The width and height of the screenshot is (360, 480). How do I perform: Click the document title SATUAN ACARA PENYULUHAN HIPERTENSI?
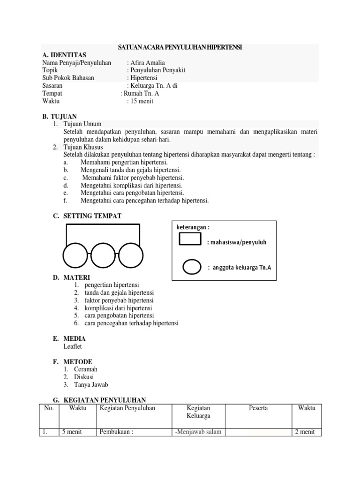[x=179, y=47]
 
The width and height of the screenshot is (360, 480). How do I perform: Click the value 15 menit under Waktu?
[x=141, y=101]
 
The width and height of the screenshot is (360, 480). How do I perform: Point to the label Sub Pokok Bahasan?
[x=68, y=78]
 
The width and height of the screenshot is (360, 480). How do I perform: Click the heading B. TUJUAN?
[x=60, y=116]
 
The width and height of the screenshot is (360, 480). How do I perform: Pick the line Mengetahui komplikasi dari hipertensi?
[x=131, y=185]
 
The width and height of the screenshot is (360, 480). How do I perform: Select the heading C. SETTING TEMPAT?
[x=87, y=216]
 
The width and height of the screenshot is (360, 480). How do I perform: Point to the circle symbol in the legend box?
[x=191, y=267]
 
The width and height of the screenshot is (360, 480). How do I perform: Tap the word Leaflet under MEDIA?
[x=73, y=346]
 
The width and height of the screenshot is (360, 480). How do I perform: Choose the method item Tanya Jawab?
[x=91, y=385]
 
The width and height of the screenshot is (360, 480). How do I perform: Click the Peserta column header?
[x=258, y=408]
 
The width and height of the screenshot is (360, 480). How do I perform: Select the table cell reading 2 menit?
[x=305, y=432]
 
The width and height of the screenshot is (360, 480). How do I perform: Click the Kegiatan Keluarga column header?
[x=198, y=412]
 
